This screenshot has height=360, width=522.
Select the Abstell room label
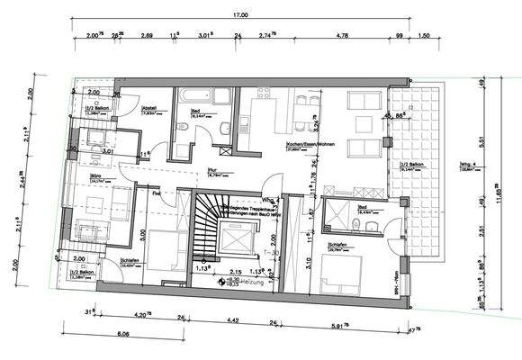coord(150,108)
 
